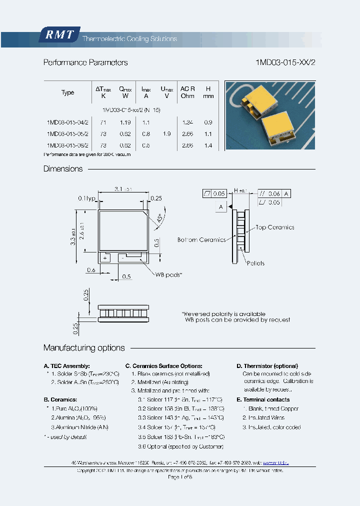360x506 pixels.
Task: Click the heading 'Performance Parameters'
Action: [85, 62]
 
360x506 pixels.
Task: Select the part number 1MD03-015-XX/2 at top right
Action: [285, 62]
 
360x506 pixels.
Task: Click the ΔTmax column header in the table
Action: [103, 92]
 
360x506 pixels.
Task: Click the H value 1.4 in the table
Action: [208, 145]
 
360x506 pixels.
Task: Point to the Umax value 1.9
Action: [166, 134]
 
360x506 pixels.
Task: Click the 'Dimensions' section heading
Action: [63, 169]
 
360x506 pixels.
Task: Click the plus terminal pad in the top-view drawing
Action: [105, 258]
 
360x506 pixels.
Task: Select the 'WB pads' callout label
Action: [168, 274]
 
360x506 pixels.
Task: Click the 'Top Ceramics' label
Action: [274, 227]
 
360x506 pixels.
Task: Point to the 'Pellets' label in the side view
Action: [255, 263]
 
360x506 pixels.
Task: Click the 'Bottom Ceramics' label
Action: [201, 240]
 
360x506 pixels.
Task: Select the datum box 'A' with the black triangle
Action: [221, 206]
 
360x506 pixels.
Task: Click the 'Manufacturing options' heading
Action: [84, 348]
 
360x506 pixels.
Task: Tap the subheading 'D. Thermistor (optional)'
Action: [267, 366]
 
